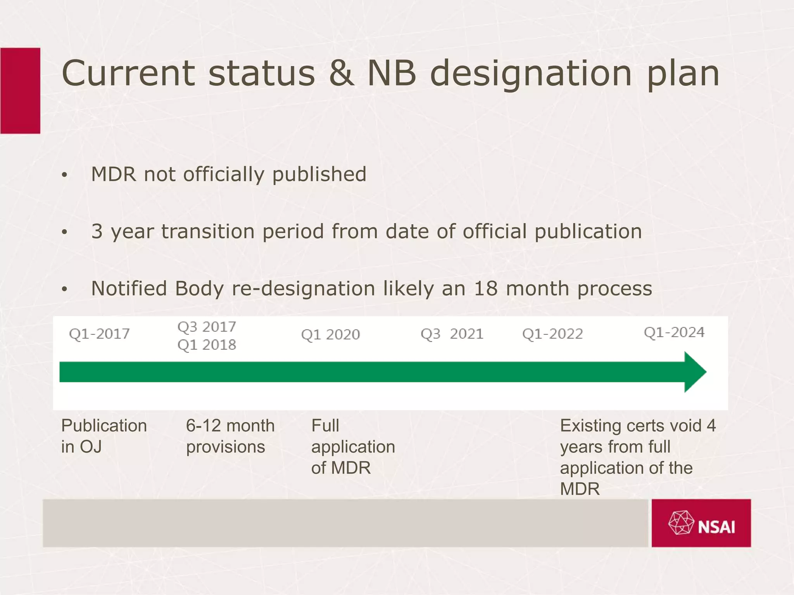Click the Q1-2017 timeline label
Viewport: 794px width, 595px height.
pyautogui.click(x=99, y=334)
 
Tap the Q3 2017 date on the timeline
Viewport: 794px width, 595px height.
pyautogui.click(x=207, y=327)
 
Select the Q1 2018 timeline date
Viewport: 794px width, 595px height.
pyautogui.click(x=207, y=345)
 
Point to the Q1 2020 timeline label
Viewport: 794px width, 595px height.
pyautogui.click(x=330, y=335)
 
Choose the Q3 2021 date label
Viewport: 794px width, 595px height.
pyautogui.click(x=452, y=334)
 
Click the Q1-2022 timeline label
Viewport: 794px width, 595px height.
pyautogui.click(x=552, y=334)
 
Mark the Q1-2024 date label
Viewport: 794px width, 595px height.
pyautogui.click(x=674, y=332)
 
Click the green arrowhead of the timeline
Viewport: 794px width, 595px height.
pyautogui.click(x=695, y=372)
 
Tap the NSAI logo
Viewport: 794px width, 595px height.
pyautogui.click(x=701, y=523)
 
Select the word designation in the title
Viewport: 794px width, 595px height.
pyautogui.click(x=531, y=74)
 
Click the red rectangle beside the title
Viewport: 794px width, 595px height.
pyautogui.click(x=20, y=91)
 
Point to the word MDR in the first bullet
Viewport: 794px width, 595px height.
pyautogui.click(x=114, y=174)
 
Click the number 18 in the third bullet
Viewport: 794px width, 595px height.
pyautogui.click(x=486, y=289)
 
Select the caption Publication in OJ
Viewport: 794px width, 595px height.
pyautogui.click(x=104, y=436)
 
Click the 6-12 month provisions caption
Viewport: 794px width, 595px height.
pyautogui.click(x=230, y=436)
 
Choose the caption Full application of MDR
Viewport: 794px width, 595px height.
pyautogui.click(x=353, y=447)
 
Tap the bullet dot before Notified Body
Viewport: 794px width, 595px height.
pyautogui.click(x=64, y=289)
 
